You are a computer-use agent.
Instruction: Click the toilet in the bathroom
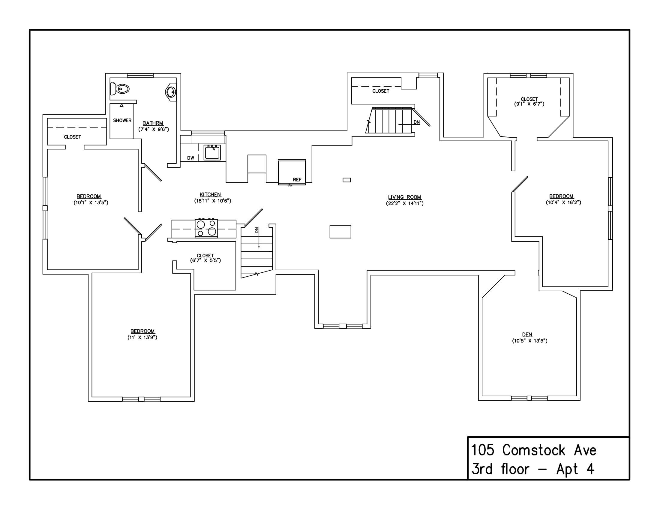point(120,89)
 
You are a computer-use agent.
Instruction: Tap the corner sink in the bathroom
point(171,92)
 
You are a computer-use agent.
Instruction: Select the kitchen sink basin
point(212,153)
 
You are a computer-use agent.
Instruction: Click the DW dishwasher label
point(190,158)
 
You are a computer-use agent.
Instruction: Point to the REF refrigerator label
point(297,179)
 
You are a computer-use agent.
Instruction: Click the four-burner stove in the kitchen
point(206,228)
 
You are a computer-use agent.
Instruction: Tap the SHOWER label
point(122,120)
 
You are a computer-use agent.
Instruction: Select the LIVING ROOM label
point(404,197)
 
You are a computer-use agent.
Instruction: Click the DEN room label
point(527,334)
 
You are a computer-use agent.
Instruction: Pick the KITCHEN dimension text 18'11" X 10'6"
point(212,201)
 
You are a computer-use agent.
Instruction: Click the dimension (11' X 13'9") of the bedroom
point(142,337)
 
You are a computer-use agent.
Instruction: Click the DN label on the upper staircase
point(416,122)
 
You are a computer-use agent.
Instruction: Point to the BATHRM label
point(153,123)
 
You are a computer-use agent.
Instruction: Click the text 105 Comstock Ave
point(534,450)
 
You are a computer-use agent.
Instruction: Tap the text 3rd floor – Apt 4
point(532,469)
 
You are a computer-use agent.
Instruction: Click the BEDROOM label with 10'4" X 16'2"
point(561,196)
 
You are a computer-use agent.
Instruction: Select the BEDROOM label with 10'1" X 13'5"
point(88,196)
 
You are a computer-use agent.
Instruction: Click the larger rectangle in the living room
point(340,232)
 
